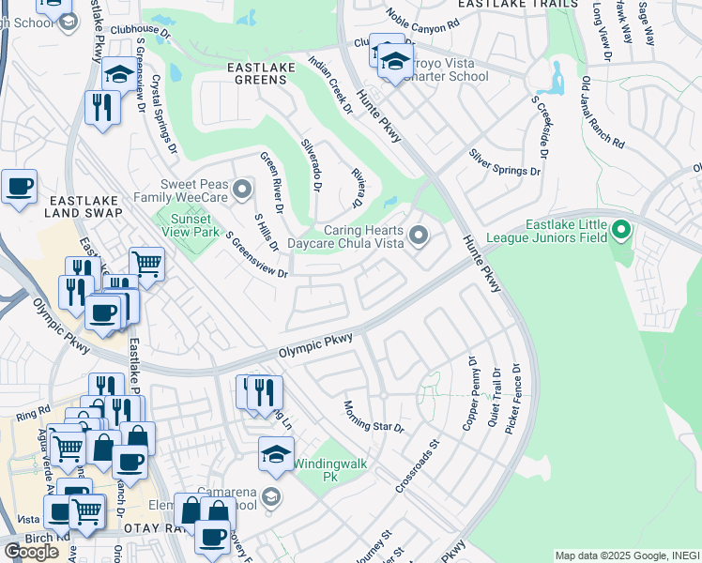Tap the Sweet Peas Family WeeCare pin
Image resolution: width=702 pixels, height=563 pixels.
[x=243, y=190]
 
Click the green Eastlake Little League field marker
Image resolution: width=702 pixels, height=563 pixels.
[x=619, y=229]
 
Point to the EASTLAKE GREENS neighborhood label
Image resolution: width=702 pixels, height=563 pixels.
[x=257, y=80]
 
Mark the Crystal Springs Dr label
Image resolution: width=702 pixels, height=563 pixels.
[x=165, y=114]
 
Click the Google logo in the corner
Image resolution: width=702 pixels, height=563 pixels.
[x=30, y=551]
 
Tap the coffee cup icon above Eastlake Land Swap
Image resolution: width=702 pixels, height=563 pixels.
[x=19, y=186]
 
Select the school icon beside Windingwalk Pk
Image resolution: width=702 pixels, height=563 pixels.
[x=275, y=455]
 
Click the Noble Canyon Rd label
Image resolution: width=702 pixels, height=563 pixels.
[x=423, y=16]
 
